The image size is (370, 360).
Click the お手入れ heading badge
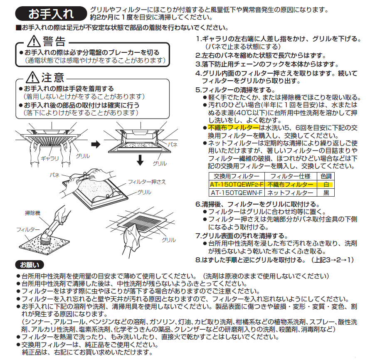pyautogui.click(x=51, y=14)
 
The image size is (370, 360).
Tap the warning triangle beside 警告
pyautogui.click(x=34, y=41)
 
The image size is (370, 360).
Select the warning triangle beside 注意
pyautogui.click(x=32, y=77)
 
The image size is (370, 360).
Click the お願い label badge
pyautogui.click(x=30, y=265)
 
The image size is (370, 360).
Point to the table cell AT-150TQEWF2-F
pyautogui.click(x=237, y=185)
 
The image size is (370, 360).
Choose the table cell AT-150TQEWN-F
pyautogui.click(x=237, y=193)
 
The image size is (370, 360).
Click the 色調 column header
pyautogui.click(x=326, y=176)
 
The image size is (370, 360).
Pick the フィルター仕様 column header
pyautogui.click(x=291, y=176)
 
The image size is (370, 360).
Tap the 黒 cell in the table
pyautogui.click(x=326, y=193)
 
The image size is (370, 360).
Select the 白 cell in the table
pyautogui.click(x=326, y=185)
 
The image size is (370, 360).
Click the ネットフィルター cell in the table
pyautogui.click(x=291, y=193)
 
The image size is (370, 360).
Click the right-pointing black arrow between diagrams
pyautogui.click(x=96, y=144)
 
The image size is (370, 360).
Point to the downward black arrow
pyautogui.click(x=140, y=160)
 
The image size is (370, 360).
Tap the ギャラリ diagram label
pyautogui.click(x=50, y=158)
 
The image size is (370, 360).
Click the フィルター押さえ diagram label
pyautogui.click(x=147, y=182)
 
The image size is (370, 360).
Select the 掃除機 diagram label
pyautogui.click(x=32, y=213)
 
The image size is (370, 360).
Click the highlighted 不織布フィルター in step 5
pyautogui.click(x=233, y=128)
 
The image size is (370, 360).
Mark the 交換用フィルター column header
pyautogui.click(x=237, y=176)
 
